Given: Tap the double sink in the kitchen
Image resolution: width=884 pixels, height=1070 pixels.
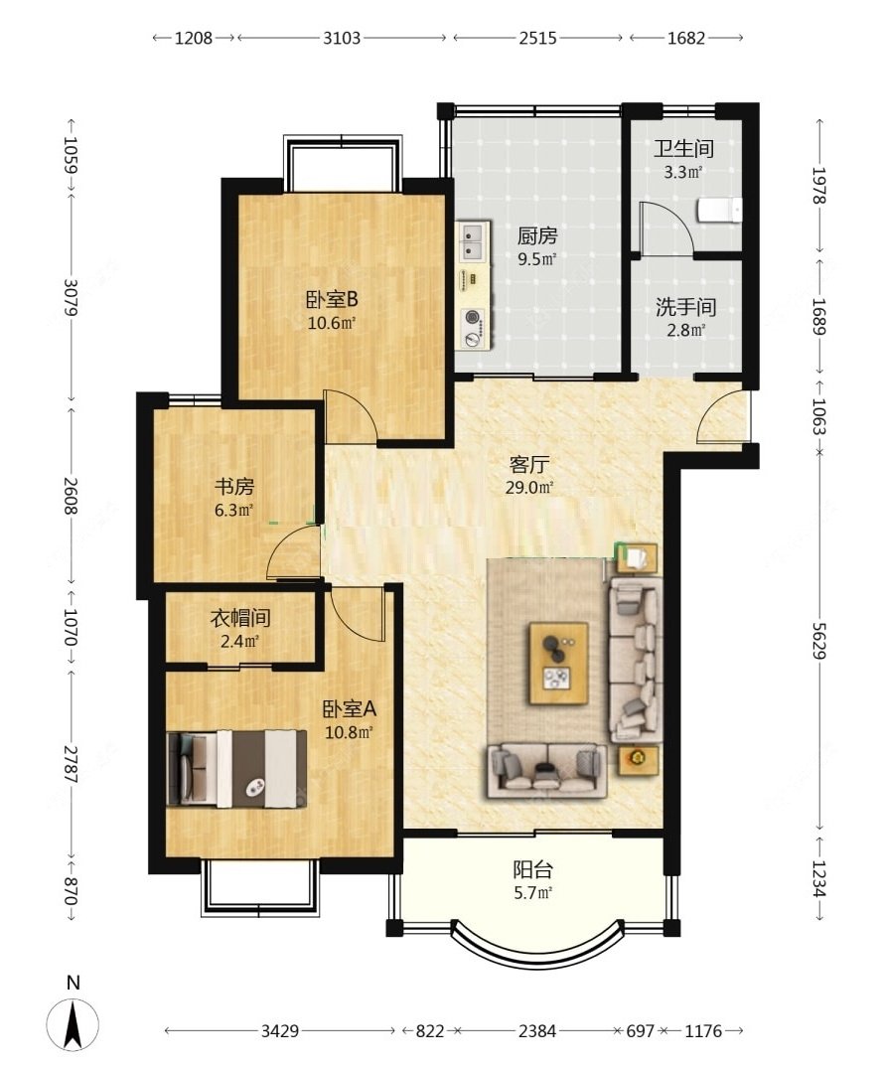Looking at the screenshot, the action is click(472, 241).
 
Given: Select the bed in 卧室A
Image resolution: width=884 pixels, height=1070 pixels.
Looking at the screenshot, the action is click(236, 768).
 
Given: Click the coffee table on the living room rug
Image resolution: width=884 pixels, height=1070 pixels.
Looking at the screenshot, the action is click(559, 663).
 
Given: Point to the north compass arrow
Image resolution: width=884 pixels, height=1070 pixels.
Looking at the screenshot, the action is click(73, 1023).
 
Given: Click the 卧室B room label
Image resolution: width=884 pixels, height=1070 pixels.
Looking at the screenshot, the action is click(332, 300).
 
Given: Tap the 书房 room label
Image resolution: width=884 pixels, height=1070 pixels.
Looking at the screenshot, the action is click(234, 487).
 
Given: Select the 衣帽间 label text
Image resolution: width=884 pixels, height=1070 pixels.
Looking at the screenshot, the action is click(240, 618).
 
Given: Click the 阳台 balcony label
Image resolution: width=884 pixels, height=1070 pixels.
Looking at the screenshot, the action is click(532, 870).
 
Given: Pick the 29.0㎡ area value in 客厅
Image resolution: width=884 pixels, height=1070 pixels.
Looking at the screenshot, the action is click(529, 487).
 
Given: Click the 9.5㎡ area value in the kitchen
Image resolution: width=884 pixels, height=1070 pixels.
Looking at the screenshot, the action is click(537, 258).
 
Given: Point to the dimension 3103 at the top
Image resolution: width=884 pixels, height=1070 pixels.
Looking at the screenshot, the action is click(342, 38).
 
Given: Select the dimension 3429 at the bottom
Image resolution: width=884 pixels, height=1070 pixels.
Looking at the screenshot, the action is click(280, 1030).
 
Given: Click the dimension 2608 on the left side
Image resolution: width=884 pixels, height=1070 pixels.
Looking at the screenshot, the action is click(71, 496).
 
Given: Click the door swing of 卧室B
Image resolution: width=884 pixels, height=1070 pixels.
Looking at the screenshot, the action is click(350, 415).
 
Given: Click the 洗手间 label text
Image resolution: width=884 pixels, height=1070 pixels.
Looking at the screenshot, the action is click(686, 307).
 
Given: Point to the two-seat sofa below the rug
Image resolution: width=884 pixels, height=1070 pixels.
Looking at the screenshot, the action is click(546, 770).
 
